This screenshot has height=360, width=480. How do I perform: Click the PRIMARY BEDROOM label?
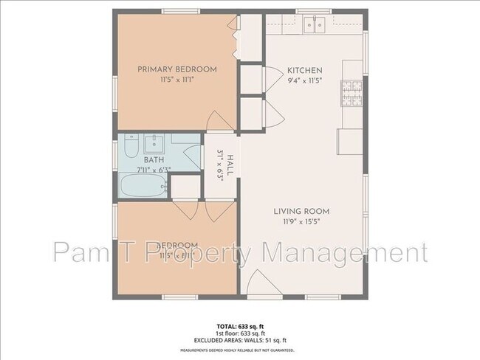tap(177, 69)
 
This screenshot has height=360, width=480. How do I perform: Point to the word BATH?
tap(154, 159)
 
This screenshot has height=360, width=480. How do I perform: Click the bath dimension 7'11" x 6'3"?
tap(154, 170)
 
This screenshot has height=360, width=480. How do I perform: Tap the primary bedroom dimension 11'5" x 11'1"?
tap(177, 80)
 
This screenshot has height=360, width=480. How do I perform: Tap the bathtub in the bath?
tap(145, 187)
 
